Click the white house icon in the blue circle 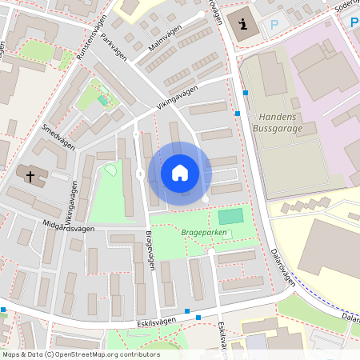tap(180, 173)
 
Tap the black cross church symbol tap(30, 175)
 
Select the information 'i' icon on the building tap(242, 25)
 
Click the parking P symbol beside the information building tap(274, 25)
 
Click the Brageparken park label tap(203, 233)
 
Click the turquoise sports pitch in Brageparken tap(230, 215)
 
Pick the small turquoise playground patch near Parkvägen tap(102, 101)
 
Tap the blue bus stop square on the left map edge tap(3, 310)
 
